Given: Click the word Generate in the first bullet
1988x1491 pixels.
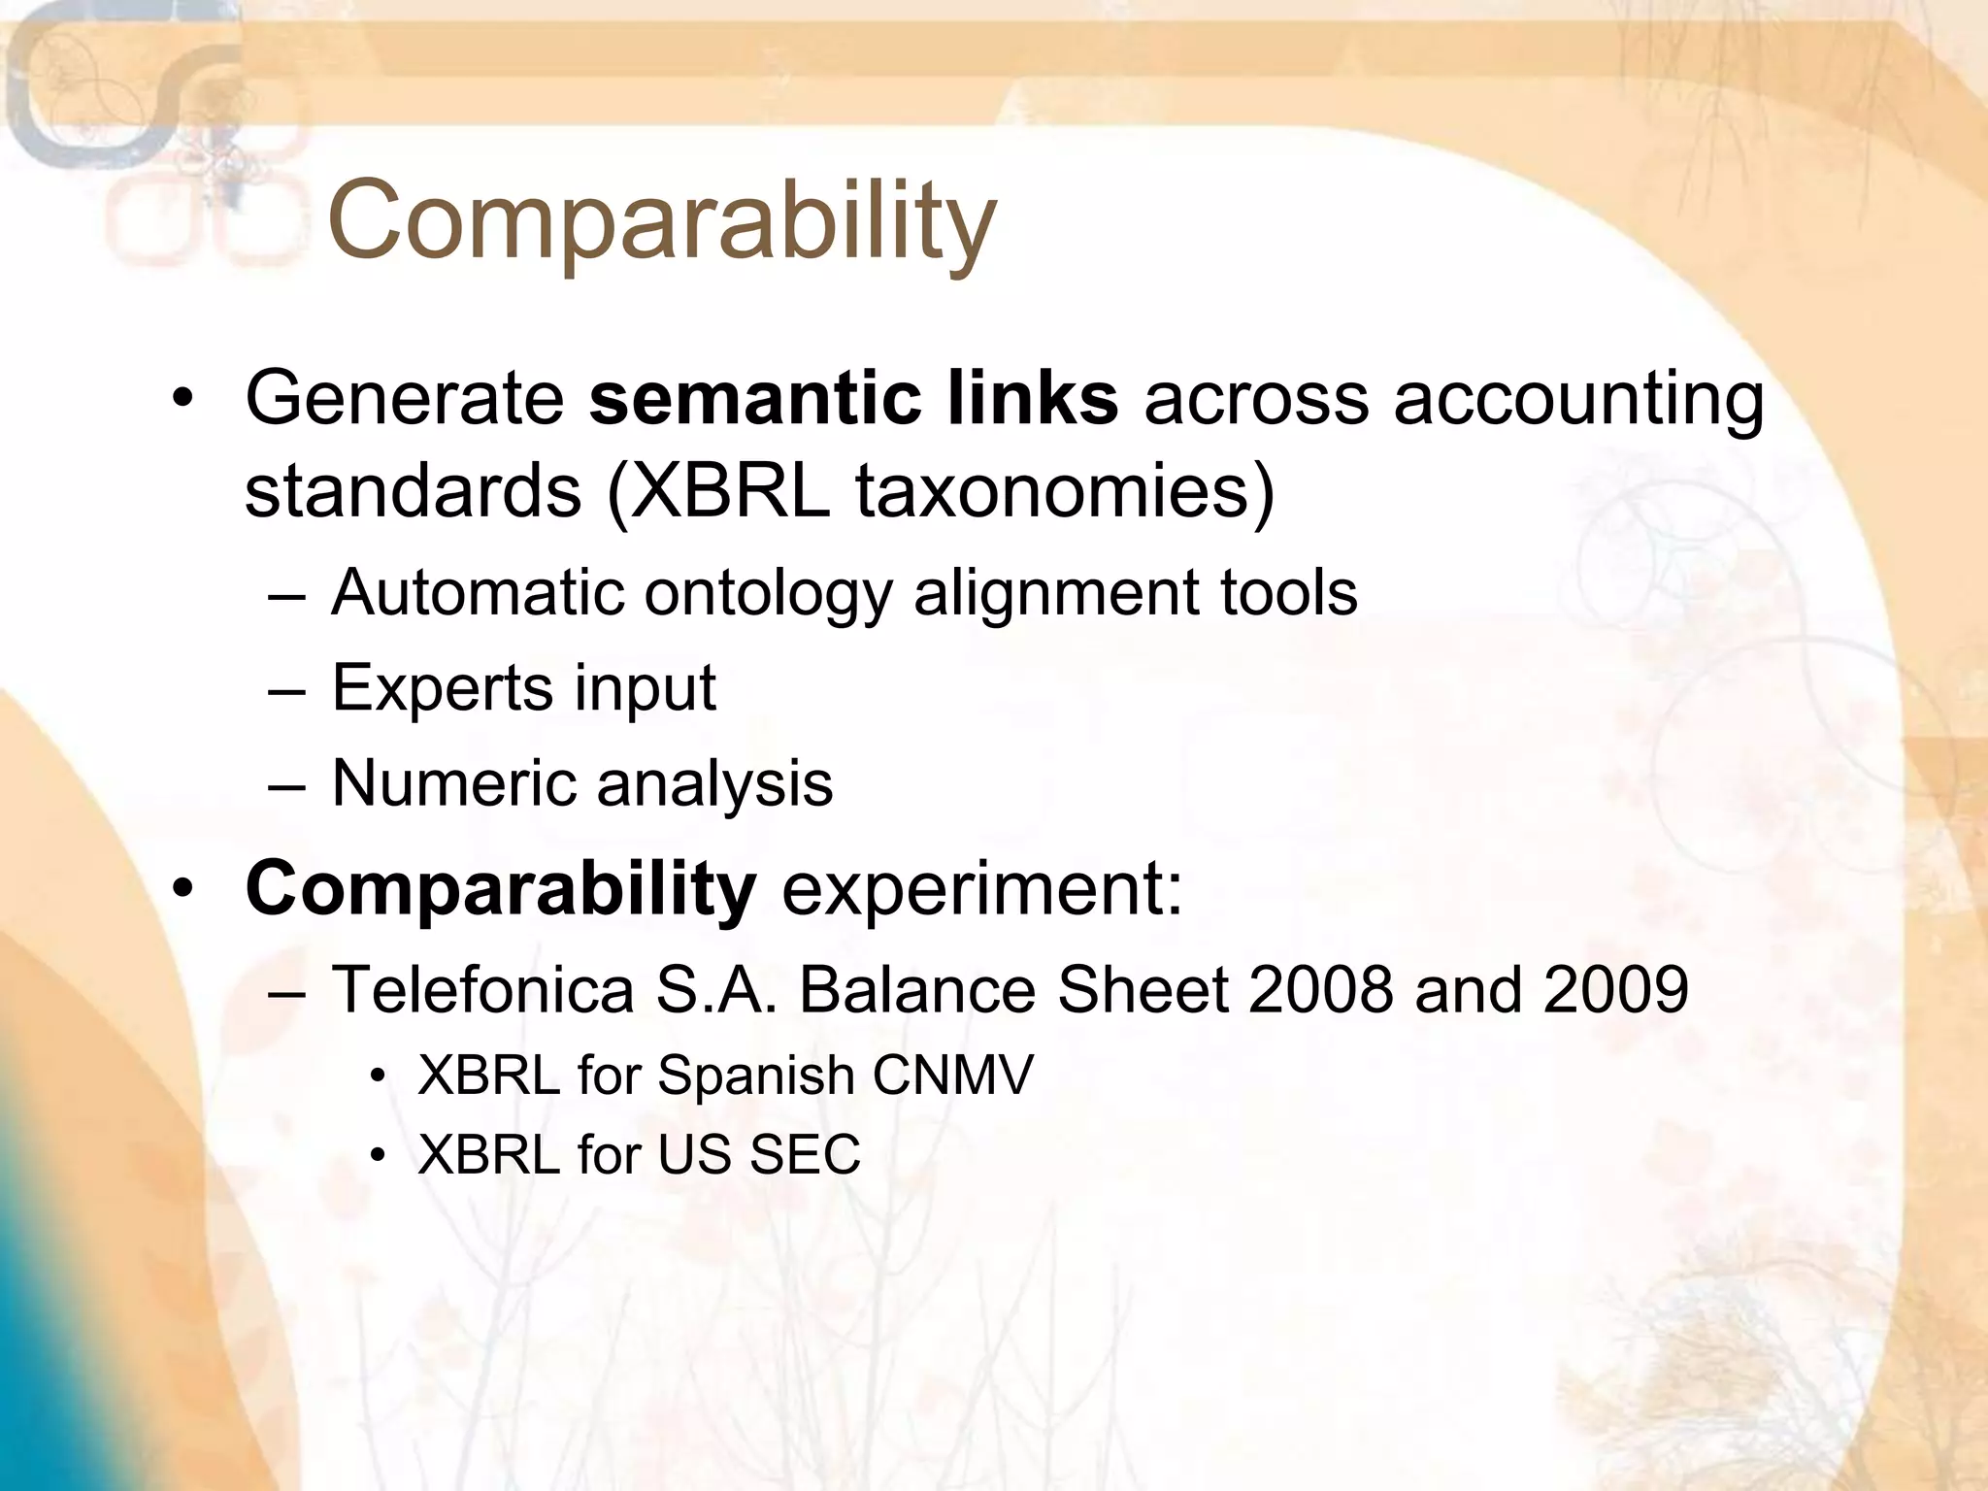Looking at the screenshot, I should [404, 398].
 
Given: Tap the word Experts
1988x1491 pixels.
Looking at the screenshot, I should [442, 688].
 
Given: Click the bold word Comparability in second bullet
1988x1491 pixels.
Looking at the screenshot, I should [500, 889].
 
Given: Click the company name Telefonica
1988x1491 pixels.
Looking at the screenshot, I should [482, 990].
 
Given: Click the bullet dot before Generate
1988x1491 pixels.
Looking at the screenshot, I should [182, 400].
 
